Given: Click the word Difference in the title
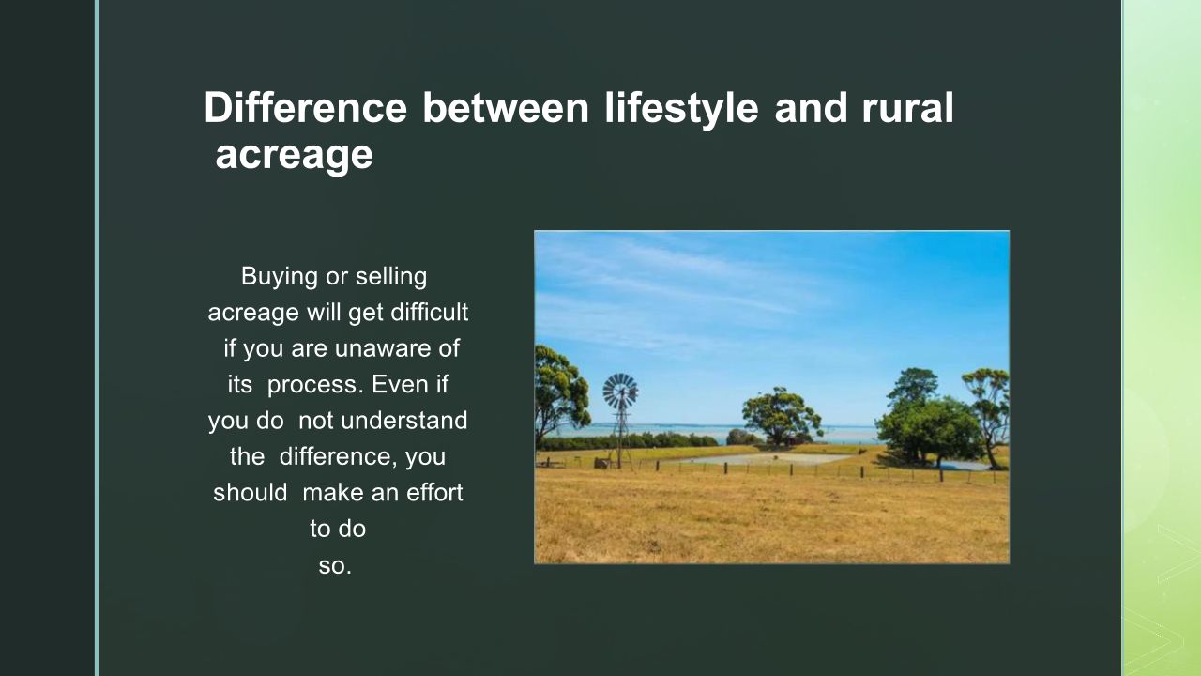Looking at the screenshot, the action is coord(306,108).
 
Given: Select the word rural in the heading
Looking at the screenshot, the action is coord(907,107).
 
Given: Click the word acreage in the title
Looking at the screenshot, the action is coord(294,157).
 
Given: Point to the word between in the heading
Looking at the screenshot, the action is coord(506,108).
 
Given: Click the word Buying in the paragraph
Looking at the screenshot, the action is coord(280,277).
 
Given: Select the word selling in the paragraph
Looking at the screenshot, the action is coord(391,276).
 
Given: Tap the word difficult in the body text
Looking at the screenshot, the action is coord(430,313).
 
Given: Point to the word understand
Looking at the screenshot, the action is coord(403,421).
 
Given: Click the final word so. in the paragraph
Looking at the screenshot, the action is coord(335,566).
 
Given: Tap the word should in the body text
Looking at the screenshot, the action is coord(251,493).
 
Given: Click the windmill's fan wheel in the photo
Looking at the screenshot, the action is coord(620,392).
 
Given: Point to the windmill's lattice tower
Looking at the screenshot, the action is coord(621,436).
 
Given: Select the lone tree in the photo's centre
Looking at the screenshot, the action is coord(781,416).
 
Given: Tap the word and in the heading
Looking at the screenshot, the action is coord(811,108).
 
